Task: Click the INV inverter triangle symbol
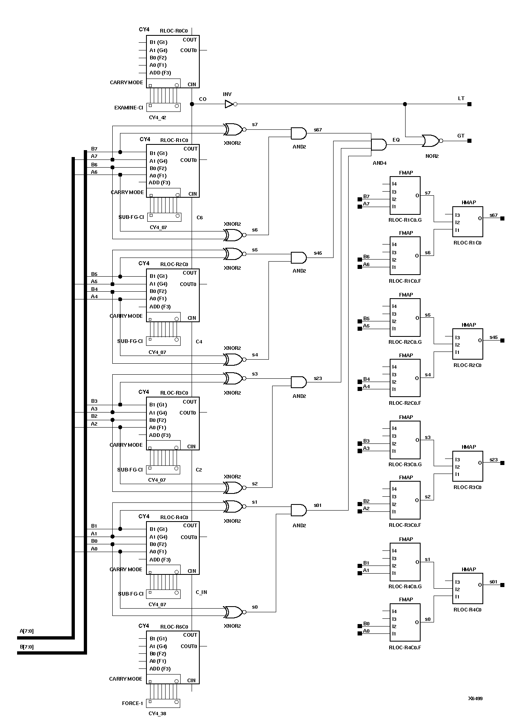click(229, 104)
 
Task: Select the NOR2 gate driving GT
click(430, 141)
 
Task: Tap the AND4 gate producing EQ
click(379, 144)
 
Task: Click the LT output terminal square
click(469, 104)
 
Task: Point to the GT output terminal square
click(469, 141)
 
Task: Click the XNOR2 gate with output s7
click(233, 130)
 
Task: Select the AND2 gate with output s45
click(299, 258)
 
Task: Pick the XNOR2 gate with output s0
click(233, 612)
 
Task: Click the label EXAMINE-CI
click(129, 108)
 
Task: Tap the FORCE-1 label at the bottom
click(133, 703)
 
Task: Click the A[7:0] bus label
click(27, 631)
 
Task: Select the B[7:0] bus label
click(27, 646)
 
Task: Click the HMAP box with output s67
click(468, 222)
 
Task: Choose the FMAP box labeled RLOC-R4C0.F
click(405, 622)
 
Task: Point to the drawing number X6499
click(475, 699)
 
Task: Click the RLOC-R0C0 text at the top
click(174, 31)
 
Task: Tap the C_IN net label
click(201, 592)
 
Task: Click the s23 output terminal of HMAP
click(502, 463)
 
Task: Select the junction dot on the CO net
click(192, 104)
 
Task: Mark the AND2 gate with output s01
click(299, 510)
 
